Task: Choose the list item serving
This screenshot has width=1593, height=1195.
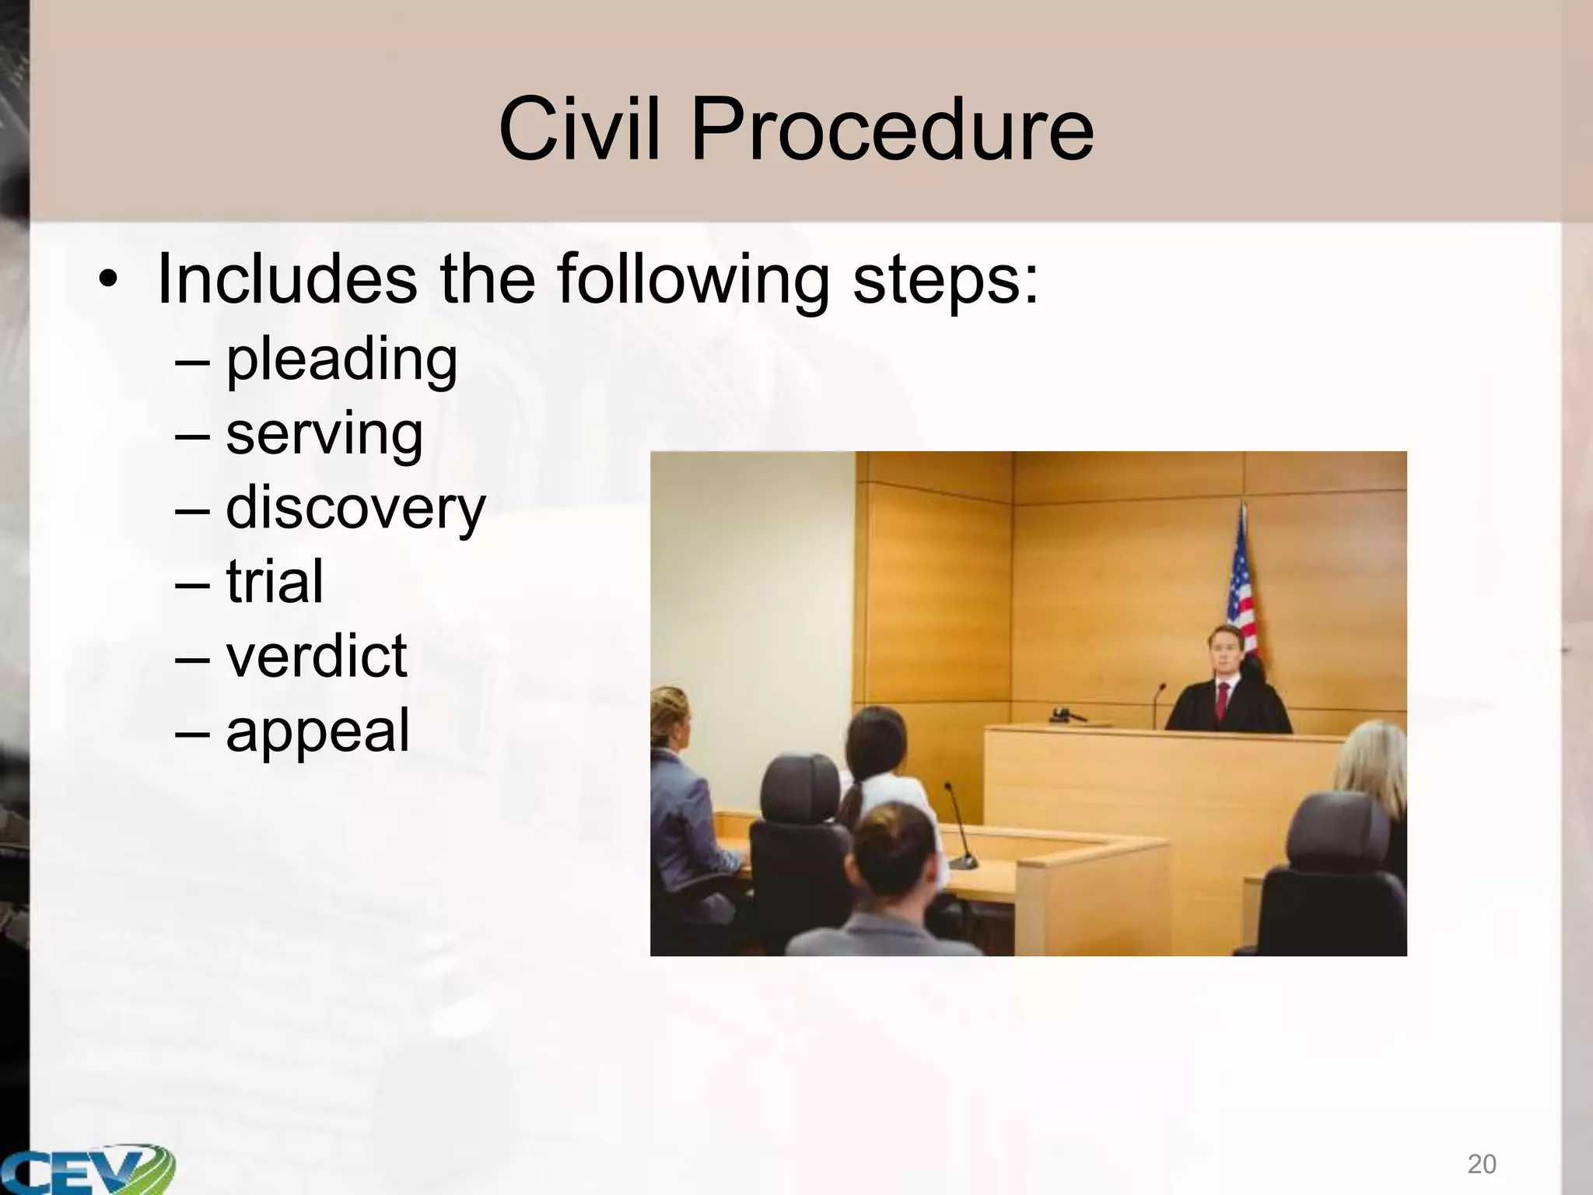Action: pos(324,434)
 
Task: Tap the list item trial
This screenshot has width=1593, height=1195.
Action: pos(274,582)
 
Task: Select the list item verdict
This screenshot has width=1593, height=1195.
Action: pos(316,657)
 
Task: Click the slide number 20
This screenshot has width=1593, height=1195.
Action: pos(1482,1164)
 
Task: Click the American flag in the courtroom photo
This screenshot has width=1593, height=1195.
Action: pos(1242,591)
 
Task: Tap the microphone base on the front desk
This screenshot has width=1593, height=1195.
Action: pos(965,861)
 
